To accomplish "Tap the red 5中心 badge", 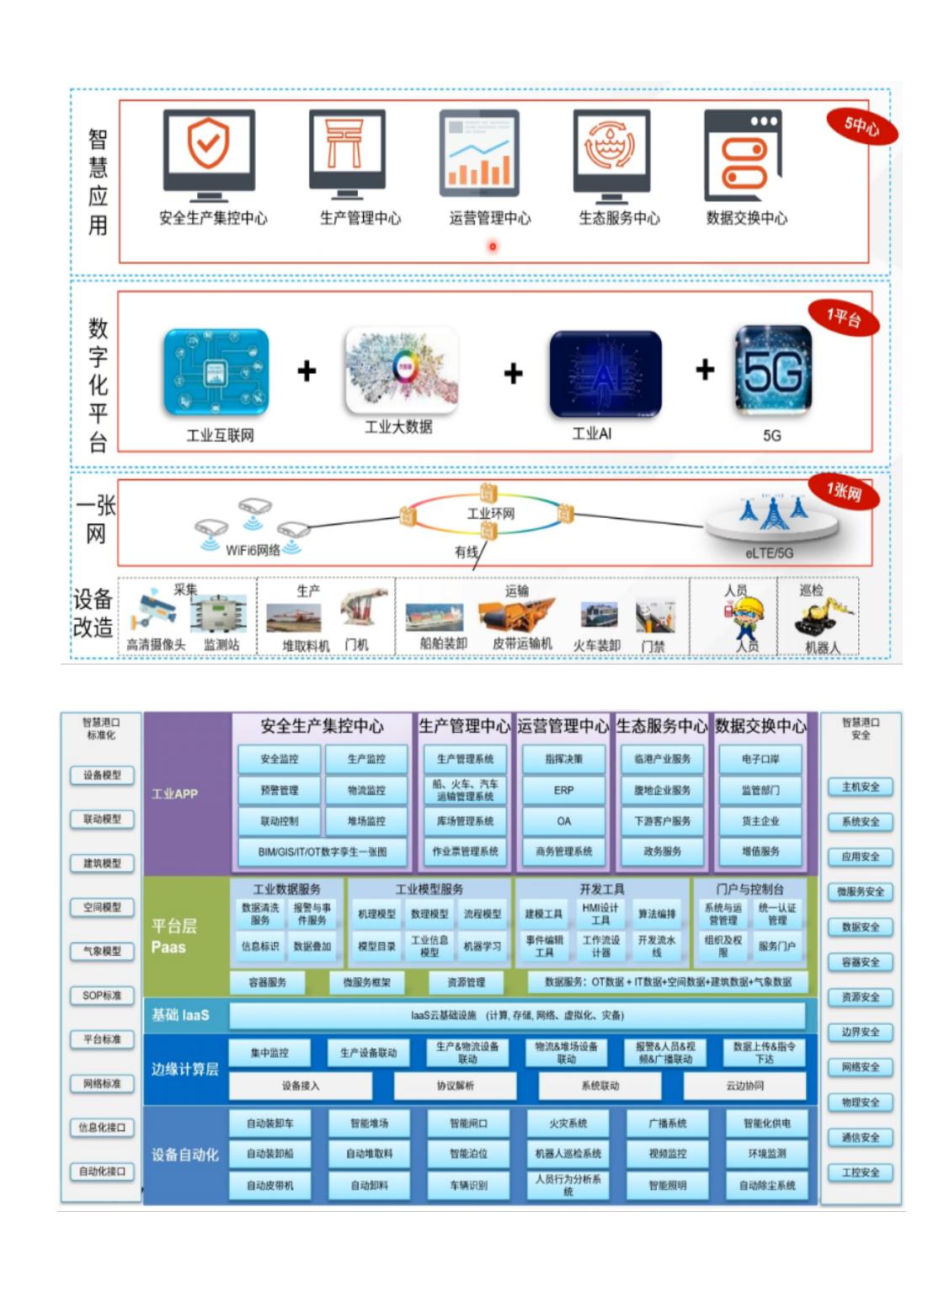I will tap(861, 126).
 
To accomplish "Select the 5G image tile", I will tap(772, 371).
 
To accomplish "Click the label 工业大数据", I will tap(398, 427).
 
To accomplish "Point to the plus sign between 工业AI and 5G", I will tap(705, 370).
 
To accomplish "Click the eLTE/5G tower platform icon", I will tap(771, 517).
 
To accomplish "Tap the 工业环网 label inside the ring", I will tap(490, 513).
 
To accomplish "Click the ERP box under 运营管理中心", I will tap(563, 790).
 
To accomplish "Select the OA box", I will tap(563, 821).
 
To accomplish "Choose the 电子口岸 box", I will tap(760, 759).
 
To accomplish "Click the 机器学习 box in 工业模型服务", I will tap(482, 946).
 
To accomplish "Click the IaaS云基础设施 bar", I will tap(517, 1016).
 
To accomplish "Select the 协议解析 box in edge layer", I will tap(455, 1086).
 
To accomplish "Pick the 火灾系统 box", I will tap(568, 1124).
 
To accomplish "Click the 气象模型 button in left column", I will tap(102, 951).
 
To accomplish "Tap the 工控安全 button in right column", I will tap(860, 1172).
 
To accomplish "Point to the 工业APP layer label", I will tap(175, 793).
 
